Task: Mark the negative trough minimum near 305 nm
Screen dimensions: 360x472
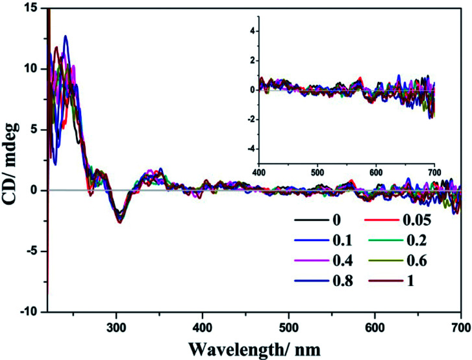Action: tap(119, 222)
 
